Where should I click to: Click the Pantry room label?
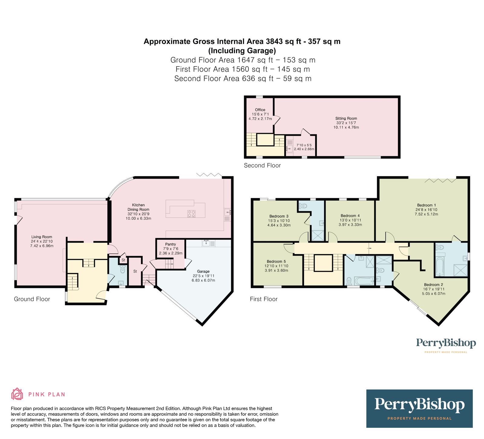pos(171,244)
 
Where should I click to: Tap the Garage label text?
pos(203,271)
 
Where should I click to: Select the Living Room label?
pos(42,237)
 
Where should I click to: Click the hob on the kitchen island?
pos(191,214)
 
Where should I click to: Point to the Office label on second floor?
pos(260,110)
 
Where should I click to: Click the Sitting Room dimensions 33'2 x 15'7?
pos(346,123)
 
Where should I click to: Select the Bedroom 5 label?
pos(276,261)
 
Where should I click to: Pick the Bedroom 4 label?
pos(350,216)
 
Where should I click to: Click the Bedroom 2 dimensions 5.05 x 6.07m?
pos(434,293)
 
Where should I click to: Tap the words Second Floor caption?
pos(262,165)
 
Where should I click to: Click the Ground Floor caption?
pos(32,299)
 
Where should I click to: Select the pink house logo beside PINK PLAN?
pos(17,394)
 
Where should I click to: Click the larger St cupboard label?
pos(135,271)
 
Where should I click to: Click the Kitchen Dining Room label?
pos(138,207)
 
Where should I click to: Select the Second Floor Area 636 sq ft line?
pos(243,79)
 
